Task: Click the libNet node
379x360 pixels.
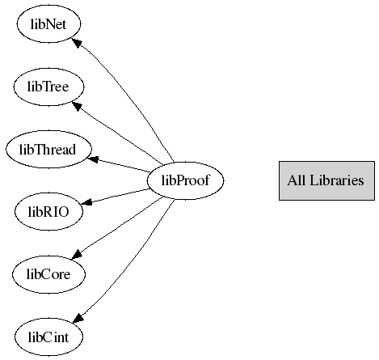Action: [48, 23]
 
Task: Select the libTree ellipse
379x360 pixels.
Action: [48, 87]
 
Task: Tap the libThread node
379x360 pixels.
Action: [48, 149]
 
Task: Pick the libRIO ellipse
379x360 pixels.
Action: [48, 211]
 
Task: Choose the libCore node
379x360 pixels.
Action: [48, 274]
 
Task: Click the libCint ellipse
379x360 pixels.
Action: [48, 337]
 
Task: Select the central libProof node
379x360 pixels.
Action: [185, 180]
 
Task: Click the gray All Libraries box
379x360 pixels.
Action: [326, 180]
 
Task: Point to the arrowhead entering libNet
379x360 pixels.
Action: [76, 43]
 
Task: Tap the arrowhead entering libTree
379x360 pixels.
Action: [77, 106]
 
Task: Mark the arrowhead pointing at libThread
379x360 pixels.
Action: [93, 159]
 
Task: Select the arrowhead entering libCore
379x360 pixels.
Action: [77, 254]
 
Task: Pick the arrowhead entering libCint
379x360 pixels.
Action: [78, 318]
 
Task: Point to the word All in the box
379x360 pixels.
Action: [297, 180]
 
